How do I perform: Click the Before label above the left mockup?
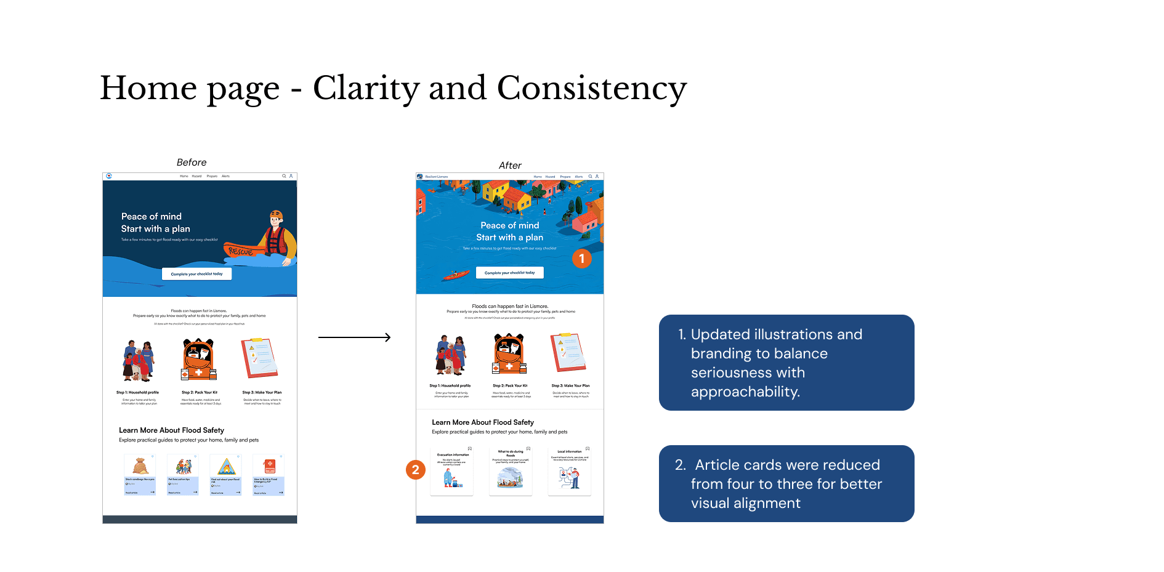[x=192, y=163]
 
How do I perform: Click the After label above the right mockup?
[x=510, y=166]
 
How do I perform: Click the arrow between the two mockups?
[x=354, y=337]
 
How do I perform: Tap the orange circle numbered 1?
[x=582, y=259]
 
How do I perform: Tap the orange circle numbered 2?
[x=416, y=470]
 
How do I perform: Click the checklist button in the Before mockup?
[x=196, y=274]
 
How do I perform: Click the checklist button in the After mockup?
[x=509, y=273]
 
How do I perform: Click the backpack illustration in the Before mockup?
[x=198, y=359]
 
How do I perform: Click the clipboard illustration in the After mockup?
[x=568, y=353]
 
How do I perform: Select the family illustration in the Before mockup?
[x=139, y=360]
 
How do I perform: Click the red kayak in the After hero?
[x=455, y=275]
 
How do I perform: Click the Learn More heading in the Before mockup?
[x=171, y=430]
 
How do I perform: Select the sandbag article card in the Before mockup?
[x=140, y=475]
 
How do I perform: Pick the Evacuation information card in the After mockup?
[x=452, y=471]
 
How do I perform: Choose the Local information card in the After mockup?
[x=569, y=471]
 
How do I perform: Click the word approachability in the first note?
[x=745, y=392]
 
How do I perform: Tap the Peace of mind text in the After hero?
[x=509, y=225]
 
